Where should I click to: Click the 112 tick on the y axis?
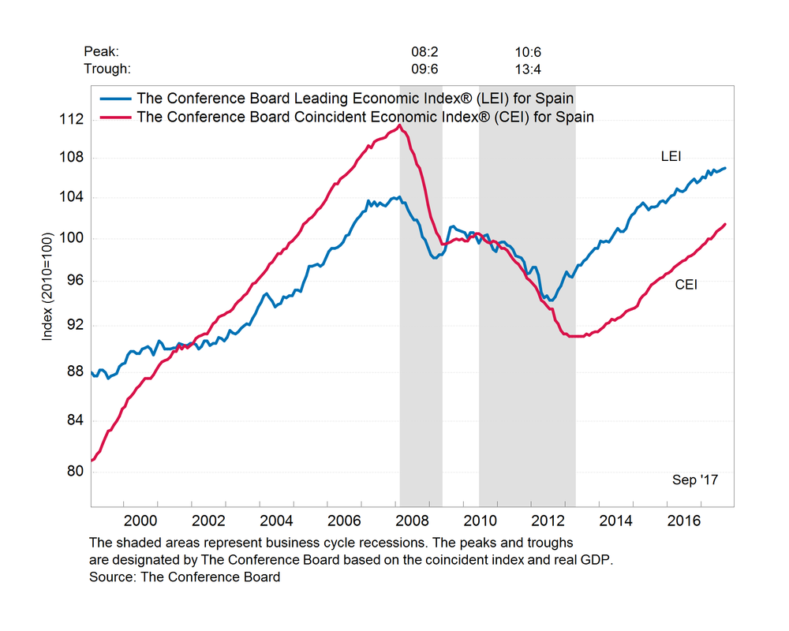[72, 120]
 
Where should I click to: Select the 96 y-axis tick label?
[73, 282]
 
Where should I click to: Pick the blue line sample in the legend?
[114, 99]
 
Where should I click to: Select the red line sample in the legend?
[114, 117]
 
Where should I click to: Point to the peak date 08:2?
[424, 52]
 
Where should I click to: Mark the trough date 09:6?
[424, 69]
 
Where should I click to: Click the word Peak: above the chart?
[101, 52]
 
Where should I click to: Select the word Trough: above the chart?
[107, 69]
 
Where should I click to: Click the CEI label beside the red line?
[686, 284]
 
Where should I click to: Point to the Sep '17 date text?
[695, 480]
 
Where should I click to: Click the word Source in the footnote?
[110, 577]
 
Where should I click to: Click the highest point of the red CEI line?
[400, 125]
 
